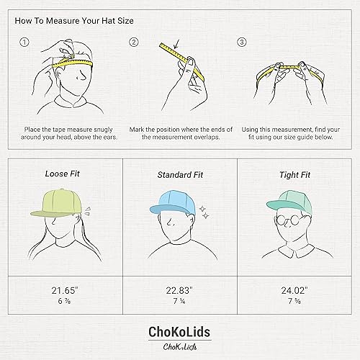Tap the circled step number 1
click(x=24, y=42)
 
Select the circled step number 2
click(x=133, y=42)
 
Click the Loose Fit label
click(x=63, y=174)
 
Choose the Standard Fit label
click(x=179, y=174)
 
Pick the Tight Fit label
click(x=295, y=174)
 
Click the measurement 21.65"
click(x=63, y=290)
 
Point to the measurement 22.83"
click(x=179, y=290)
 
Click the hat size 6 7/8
click(x=63, y=302)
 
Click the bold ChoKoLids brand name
click(x=179, y=333)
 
